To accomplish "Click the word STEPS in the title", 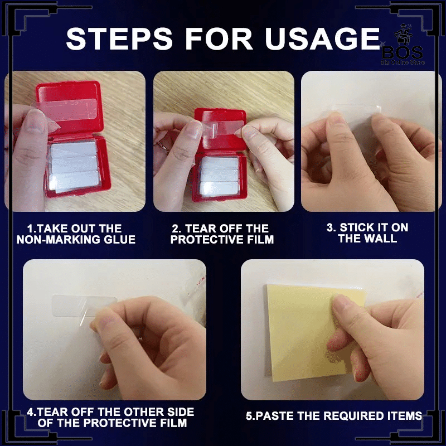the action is tap(119, 38).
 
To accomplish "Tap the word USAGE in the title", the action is tap(322, 38).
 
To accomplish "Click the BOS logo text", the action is tap(403, 53).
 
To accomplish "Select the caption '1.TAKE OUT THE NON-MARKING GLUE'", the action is tap(76, 234).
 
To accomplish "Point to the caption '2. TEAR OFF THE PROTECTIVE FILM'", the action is tap(222, 234).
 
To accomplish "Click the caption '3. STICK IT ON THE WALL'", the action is tap(367, 232).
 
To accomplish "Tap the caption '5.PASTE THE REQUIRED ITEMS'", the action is tap(333, 415).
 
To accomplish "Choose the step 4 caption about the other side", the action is tap(110, 417).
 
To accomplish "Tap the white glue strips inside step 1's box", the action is tap(74, 166).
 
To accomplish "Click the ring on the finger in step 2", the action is tap(162, 145).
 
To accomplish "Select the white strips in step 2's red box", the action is tap(219, 176).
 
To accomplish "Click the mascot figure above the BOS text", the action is tap(403, 35).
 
